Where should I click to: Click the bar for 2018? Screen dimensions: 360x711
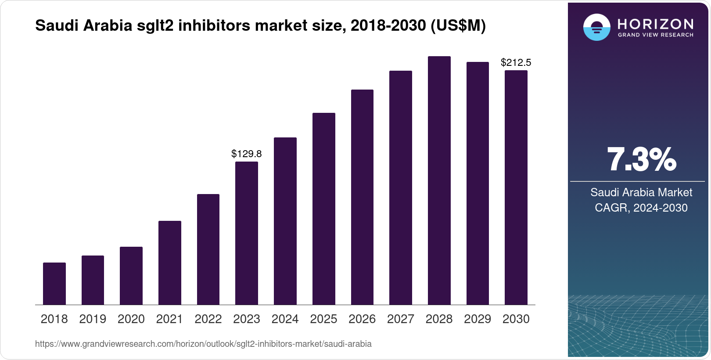pos(54,284)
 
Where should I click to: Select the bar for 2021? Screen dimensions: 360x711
pos(170,263)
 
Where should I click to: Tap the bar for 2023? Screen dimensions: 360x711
pos(247,233)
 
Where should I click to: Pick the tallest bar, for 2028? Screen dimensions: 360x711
pos(439,180)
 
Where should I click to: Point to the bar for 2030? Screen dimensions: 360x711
pos(516,187)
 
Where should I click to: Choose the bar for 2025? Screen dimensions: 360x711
pos(324,209)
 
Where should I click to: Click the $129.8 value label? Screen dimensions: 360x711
pos(247,154)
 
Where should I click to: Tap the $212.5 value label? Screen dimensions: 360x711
pos(516,62)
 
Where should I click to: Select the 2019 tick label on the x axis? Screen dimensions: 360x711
pos(93,319)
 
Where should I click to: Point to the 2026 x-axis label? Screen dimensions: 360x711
pos(362,319)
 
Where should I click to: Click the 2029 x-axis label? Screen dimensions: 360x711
pos(478,319)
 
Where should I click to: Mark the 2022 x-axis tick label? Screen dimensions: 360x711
pos(208,319)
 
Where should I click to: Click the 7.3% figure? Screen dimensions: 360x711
pos(641,159)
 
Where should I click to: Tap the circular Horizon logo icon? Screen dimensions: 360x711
pos(596,27)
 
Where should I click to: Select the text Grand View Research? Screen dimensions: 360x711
pos(656,35)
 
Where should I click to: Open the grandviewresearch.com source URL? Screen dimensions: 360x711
pos(203,344)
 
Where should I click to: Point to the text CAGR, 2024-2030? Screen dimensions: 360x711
pos(641,208)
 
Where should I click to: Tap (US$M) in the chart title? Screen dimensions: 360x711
pos(458,25)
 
